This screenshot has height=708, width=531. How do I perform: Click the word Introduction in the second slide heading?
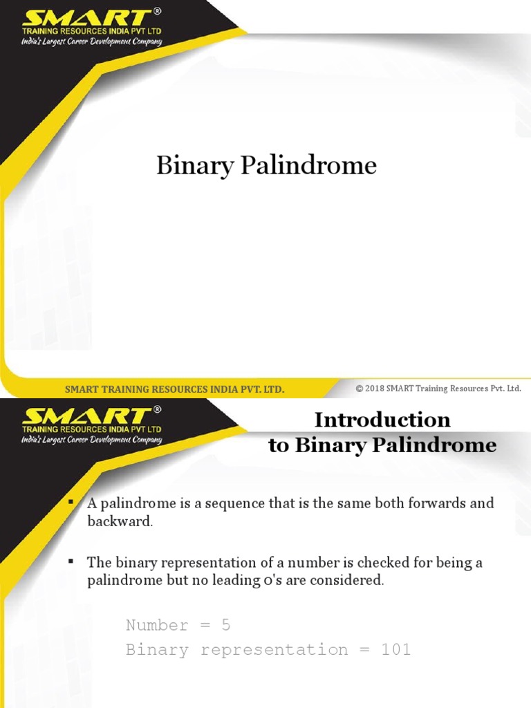tap(382, 420)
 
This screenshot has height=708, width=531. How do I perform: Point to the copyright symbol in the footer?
tap(360, 389)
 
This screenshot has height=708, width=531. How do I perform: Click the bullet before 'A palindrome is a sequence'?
tap(71, 500)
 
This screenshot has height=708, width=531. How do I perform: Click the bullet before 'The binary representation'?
tap(71, 559)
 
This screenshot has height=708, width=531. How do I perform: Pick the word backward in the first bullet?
tap(118, 521)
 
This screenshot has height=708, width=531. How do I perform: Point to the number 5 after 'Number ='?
tap(225, 626)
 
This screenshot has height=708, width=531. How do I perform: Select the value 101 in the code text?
tap(395, 650)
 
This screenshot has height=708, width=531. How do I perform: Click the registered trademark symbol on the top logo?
tap(157, 12)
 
